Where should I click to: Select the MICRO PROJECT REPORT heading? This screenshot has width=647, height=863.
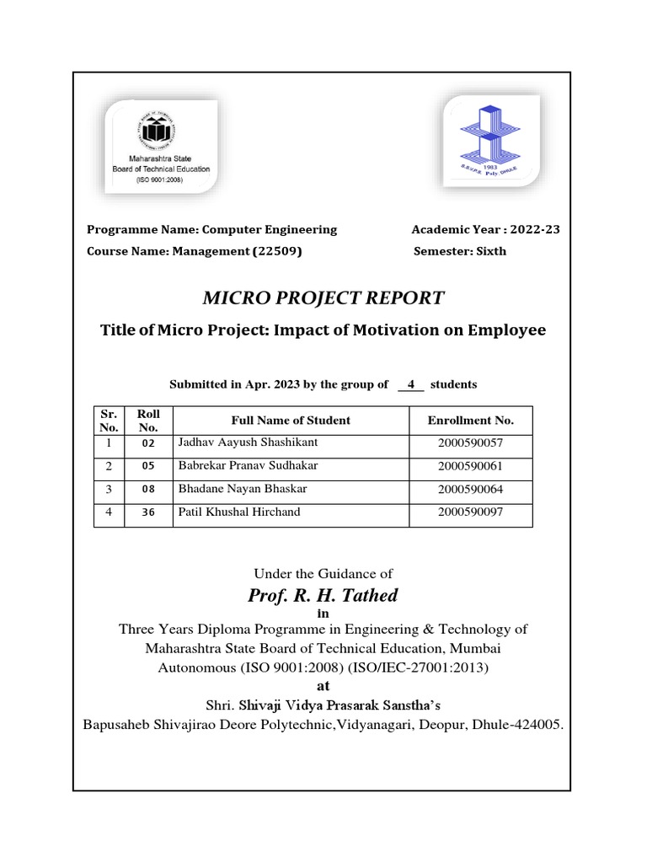323,297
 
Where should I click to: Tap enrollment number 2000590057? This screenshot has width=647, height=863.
470,442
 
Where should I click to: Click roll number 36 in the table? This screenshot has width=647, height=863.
148,512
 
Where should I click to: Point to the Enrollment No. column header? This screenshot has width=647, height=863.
470,420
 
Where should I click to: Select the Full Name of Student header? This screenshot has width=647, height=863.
291,420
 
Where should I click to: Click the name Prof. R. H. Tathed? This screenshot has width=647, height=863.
323,596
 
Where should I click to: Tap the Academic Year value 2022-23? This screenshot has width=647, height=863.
530,229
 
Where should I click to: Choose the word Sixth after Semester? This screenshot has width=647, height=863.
490,251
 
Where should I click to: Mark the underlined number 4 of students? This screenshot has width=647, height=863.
410,384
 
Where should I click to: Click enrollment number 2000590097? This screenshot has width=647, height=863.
470,512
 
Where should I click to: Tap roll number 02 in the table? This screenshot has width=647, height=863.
148,443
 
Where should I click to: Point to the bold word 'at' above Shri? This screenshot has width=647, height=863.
323,686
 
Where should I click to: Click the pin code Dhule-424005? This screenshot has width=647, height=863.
523,723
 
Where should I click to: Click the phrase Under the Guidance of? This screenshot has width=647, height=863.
323,573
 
